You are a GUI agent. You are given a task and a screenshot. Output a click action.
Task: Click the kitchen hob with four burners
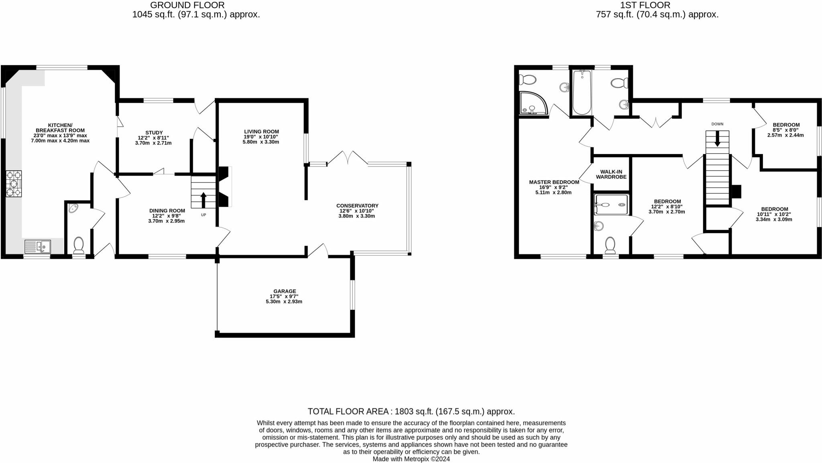point(14,184)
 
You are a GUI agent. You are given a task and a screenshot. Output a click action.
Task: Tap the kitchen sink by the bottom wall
point(38,246)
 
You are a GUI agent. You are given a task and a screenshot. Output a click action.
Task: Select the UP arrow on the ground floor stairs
point(203,200)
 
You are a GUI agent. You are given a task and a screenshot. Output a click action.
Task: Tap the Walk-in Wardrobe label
point(611,174)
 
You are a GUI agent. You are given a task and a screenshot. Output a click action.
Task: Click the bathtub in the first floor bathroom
point(582,92)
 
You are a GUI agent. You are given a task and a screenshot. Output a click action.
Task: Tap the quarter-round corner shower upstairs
point(532,103)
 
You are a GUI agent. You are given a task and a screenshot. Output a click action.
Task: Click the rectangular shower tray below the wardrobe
point(611,205)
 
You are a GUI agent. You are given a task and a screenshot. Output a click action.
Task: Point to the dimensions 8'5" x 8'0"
point(786,130)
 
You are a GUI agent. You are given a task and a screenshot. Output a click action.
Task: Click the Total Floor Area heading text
point(411,411)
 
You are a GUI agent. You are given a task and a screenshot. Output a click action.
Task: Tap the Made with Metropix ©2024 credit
point(411,459)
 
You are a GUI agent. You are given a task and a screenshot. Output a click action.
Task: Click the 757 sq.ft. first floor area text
point(657,15)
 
